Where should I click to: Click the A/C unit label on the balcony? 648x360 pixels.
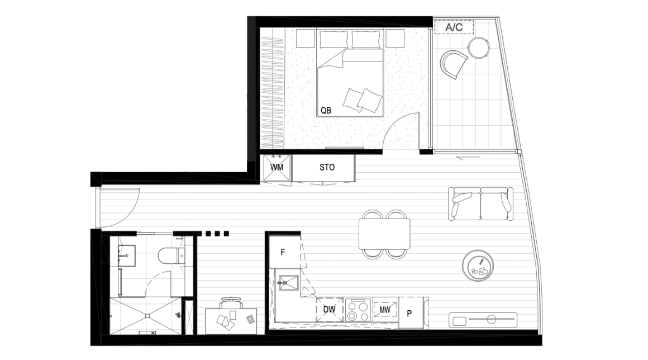458,27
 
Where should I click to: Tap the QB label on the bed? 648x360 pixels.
326,110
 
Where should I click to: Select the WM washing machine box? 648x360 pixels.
277,168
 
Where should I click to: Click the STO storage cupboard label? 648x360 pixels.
327,167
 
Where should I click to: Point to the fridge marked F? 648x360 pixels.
283,252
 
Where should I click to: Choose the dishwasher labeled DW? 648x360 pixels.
329,309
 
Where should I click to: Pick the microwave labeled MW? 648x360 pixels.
384,309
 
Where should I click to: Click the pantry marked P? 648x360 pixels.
409,313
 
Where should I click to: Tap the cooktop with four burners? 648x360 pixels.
358,310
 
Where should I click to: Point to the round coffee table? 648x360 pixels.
478,265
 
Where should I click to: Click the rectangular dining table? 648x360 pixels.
384,234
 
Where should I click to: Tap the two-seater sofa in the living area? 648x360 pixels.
481,204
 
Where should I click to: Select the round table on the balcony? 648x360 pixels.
479,48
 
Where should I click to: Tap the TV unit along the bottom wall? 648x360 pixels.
483,320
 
